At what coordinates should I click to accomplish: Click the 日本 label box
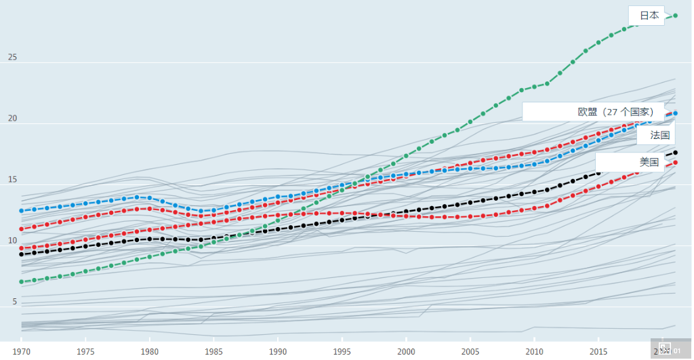648,16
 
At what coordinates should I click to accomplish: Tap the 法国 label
659,135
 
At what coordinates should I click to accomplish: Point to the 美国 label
648,162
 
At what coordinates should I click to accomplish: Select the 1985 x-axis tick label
213,352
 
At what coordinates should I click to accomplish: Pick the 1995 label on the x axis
342,352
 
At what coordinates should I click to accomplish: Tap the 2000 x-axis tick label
406,352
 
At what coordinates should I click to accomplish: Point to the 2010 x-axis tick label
535,352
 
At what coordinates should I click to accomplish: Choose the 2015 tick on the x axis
598,352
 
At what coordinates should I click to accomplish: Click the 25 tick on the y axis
12,57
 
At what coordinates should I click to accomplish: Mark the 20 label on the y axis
12,119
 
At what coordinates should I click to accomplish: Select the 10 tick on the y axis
12,241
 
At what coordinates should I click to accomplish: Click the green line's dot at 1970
22,281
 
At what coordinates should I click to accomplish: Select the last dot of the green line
676,15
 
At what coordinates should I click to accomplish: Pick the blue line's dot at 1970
22,211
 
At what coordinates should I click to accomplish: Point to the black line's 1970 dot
22,254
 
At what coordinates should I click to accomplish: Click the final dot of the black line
676,153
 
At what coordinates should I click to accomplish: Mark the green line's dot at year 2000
407,155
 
